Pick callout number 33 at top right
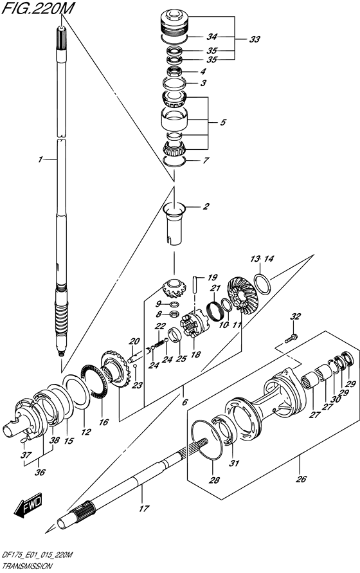pos(255,39)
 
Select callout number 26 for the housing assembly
pos(301,478)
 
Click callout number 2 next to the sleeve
pos(206,206)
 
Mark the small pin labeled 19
pos(194,285)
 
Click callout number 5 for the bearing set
pos(222,120)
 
